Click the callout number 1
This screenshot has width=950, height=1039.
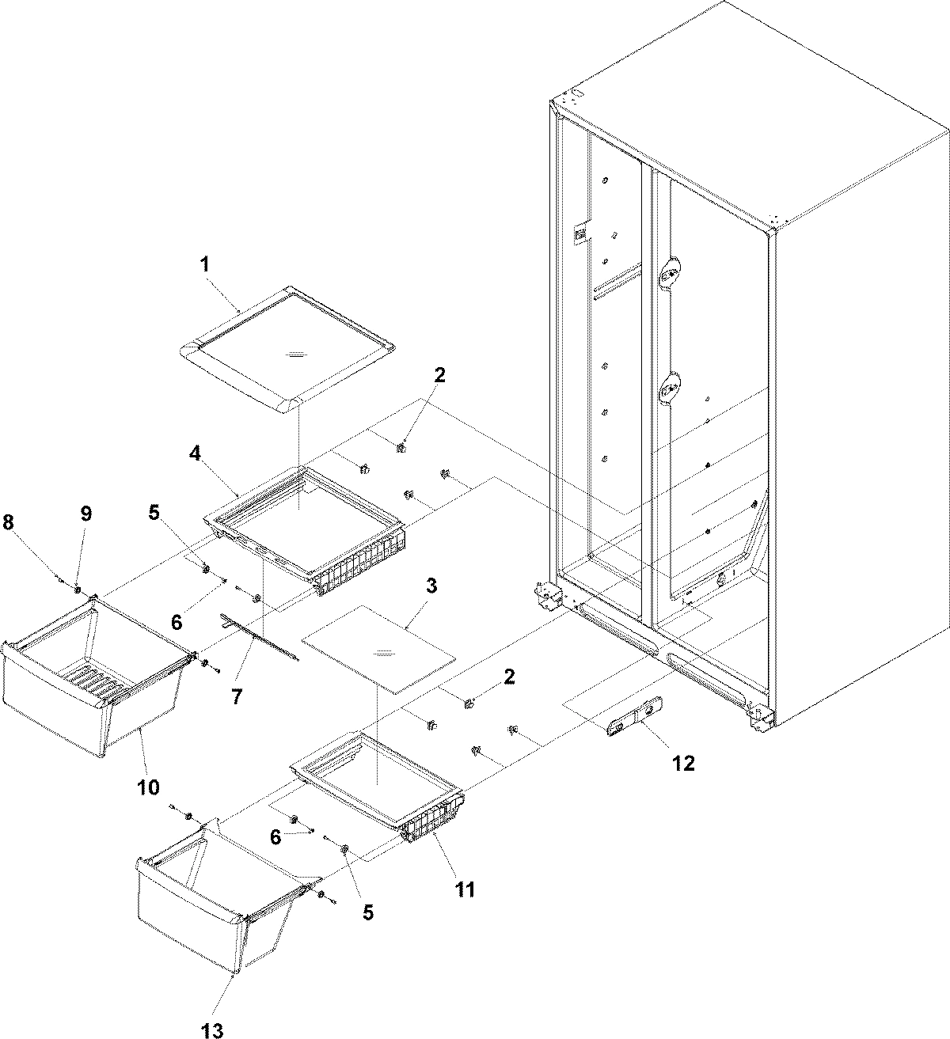pyautogui.click(x=205, y=264)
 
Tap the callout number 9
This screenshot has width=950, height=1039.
pyautogui.click(x=85, y=514)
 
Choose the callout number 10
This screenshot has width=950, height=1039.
pyautogui.click(x=148, y=787)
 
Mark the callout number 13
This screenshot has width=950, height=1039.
pyautogui.click(x=211, y=1029)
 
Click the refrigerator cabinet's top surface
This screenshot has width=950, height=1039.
pyautogui.click(x=752, y=111)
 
